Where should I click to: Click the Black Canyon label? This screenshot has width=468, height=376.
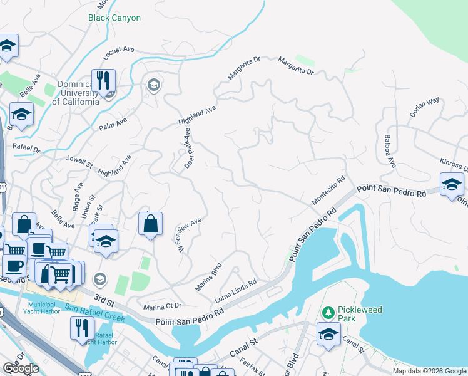(x=114, y=18)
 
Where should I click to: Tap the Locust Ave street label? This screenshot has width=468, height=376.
(x=119, y=53)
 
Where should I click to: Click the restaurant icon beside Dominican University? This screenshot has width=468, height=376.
(x=103, y=81)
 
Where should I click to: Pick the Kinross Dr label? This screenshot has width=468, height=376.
(x=454, y=165)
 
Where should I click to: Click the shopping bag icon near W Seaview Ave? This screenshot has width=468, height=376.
(x=151, y=224)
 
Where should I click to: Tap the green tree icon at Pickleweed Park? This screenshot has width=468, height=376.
(x=328, y=312)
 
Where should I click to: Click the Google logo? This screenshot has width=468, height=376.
(x=21, y=368)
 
